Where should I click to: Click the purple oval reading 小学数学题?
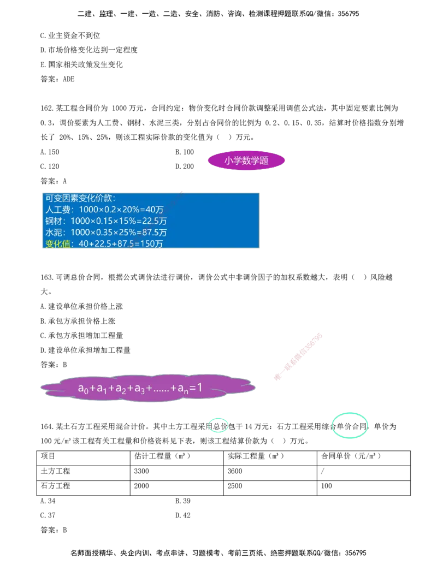pyautogui.click(x=246, y=160)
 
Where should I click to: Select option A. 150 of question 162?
pyautogui.click(x=50, y=152)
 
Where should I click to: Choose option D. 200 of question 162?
pyautogui.click(x=185, y=166)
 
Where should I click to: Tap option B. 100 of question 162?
pyautogui.click(x=185, y=152)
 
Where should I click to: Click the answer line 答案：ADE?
pyautogui.click(x=57, y=79)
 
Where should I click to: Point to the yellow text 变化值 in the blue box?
pyautogui.click(x=58, y=244)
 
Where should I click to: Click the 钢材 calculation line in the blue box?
pyautogui.click(x=106, y=221)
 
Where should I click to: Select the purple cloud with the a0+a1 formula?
pyautogui.click(x=148, y=388)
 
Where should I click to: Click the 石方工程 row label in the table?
pyautogui.click(x=56, y=486)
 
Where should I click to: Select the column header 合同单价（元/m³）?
pyautogui.click(x=351, y=456)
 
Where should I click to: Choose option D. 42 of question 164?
pyautogui.click(x=183, y=516)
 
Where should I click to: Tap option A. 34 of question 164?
pyautogui.click(x=48, y=501)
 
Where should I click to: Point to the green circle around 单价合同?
pyautogui.click(x=350, y=426)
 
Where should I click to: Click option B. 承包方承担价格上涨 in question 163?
pyautogui.click(x=78, y=321)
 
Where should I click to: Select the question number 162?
pyautogui.click(x=47, y=108)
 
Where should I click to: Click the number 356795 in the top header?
pyautogui.click(x=349, y=14)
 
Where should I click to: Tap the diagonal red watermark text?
pyautogui.click(x=298, y=358)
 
